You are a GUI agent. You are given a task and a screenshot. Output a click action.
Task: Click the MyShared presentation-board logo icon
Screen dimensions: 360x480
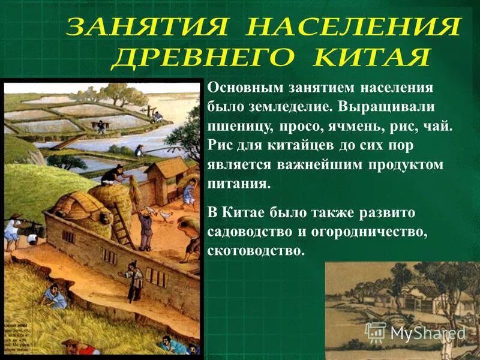(376, 331)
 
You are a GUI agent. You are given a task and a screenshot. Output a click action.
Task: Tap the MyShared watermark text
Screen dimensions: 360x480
(428, 332)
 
